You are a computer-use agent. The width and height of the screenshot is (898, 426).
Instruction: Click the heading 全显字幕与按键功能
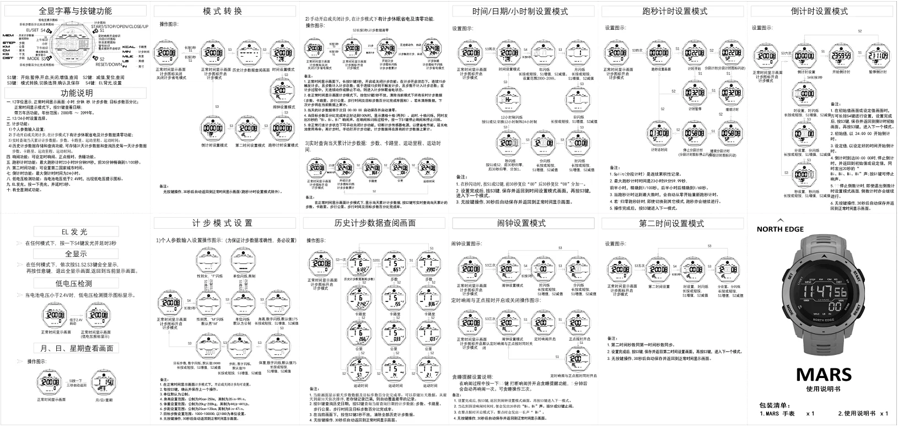pyautogui.click(x=75, y=11)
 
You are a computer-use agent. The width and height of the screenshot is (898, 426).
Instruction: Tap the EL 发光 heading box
pyautogui.click(x=75, y=232)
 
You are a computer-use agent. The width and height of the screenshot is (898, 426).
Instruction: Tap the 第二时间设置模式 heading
pyautogui.click(x=671, y=223)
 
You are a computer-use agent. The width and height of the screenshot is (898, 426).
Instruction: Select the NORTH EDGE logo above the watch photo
pyautogui.click(x=780, y=229)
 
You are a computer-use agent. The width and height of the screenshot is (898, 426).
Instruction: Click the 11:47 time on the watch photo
pyautogui.click(x=825, y=292)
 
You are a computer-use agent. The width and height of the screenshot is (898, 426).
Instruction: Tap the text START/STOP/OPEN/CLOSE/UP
pyautogui.click(x=120, y=26)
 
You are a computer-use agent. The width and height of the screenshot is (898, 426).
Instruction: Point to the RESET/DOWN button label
pyautogui.click(x=109, y=64)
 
